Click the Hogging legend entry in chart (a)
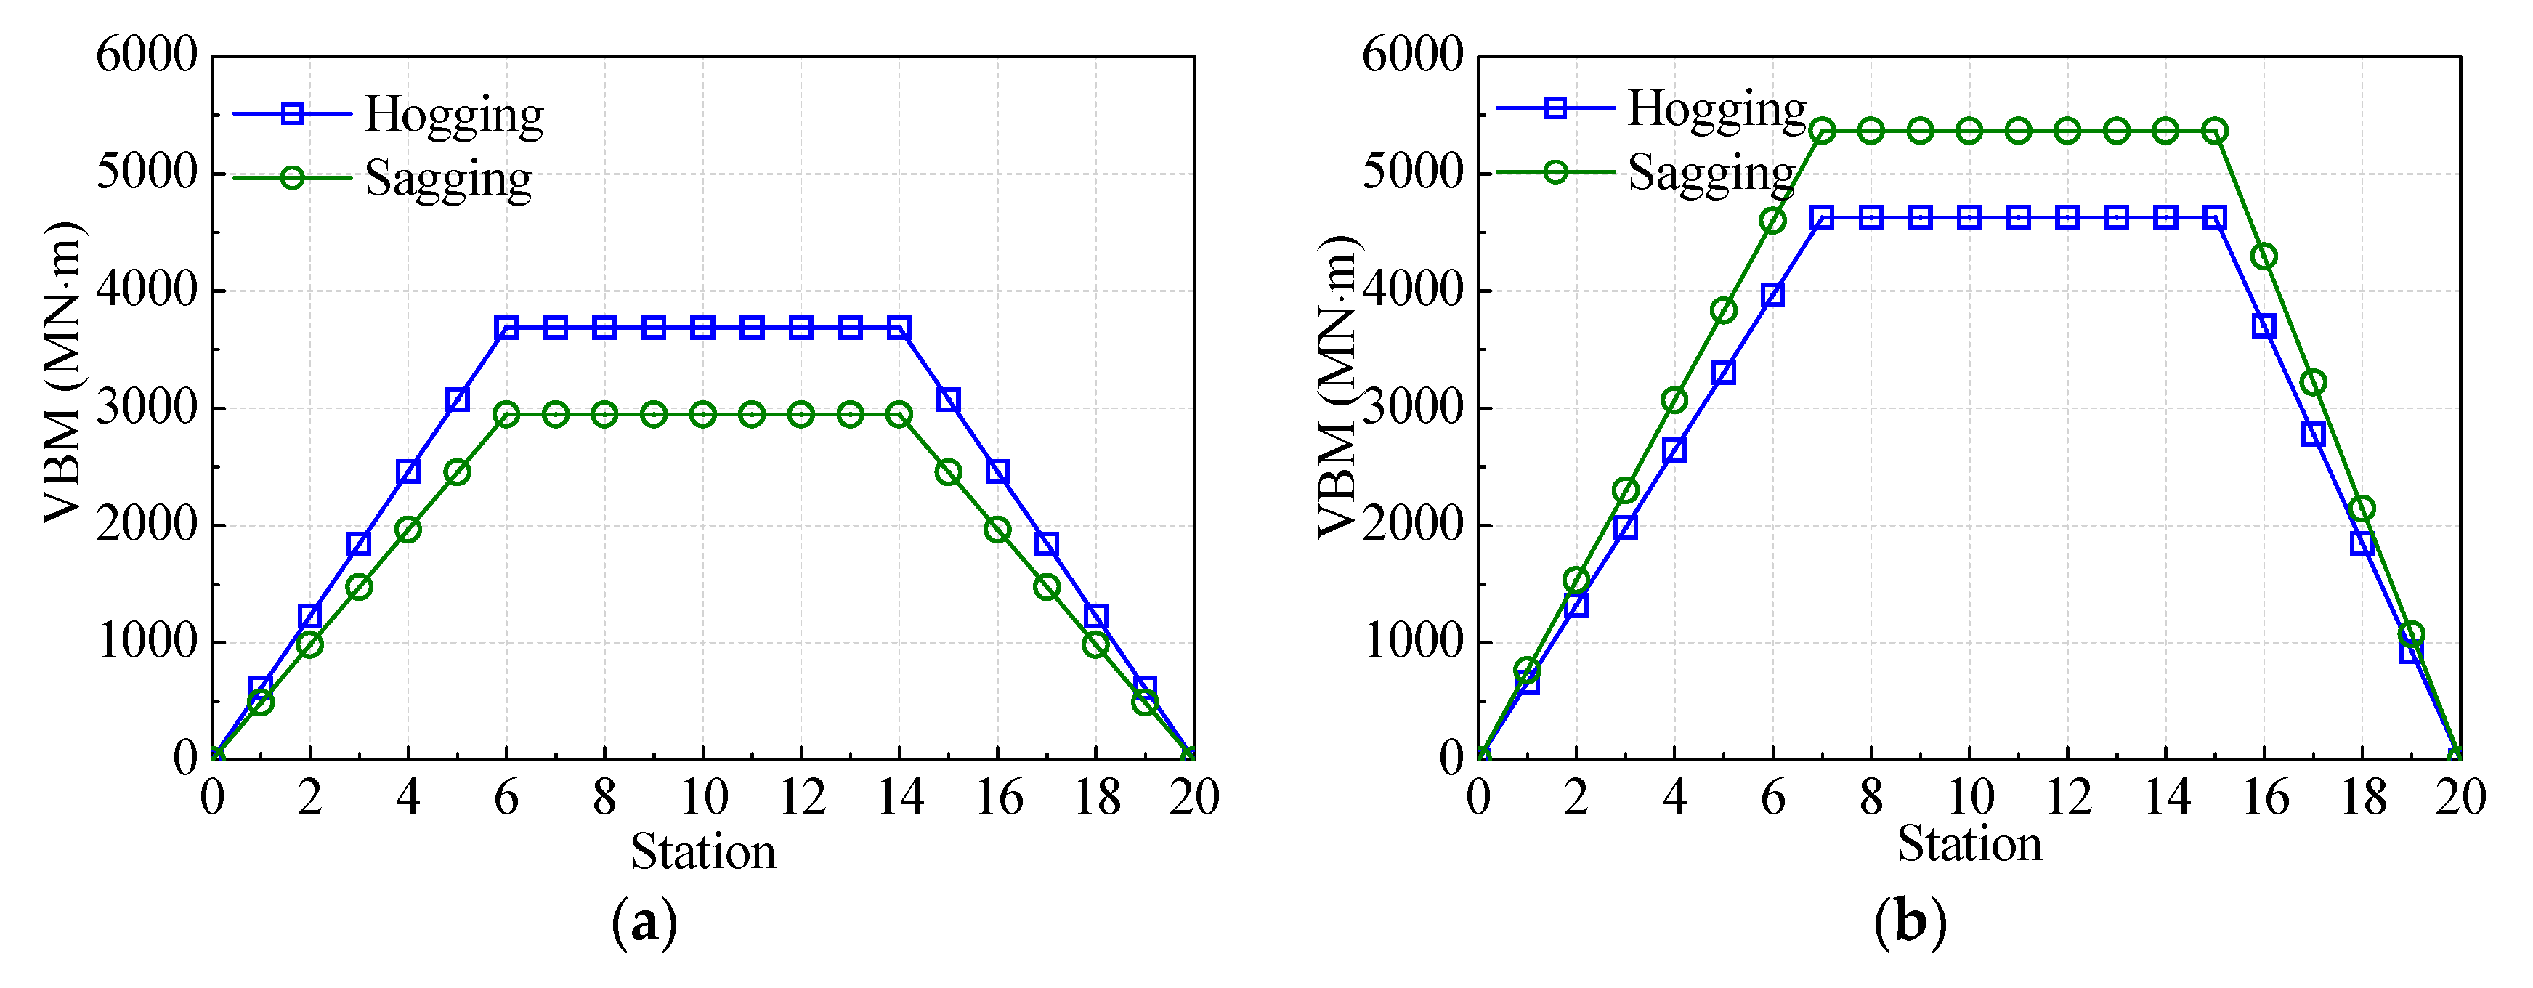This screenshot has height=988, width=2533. point(453,115)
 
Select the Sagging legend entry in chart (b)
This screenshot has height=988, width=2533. point(1711,173)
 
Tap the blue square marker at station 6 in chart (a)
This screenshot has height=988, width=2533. point(506,328)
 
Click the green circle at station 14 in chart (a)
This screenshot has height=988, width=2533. point(899,414)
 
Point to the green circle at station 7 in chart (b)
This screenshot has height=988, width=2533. point(1822,131)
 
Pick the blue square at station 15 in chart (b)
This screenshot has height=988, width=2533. point(2214,217)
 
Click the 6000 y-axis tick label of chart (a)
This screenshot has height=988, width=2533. point(147,56)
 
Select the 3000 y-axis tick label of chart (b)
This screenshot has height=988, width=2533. point(1413,407)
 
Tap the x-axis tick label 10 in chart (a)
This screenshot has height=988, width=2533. point(703,797)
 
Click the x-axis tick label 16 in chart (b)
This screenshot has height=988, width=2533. point(2264,797)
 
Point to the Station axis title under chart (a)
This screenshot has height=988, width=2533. point(703,851)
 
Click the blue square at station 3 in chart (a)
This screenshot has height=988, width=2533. point(359,543)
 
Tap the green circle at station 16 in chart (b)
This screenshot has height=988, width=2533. point(2264,256)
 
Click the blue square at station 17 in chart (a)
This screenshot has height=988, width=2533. point(1046,543)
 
